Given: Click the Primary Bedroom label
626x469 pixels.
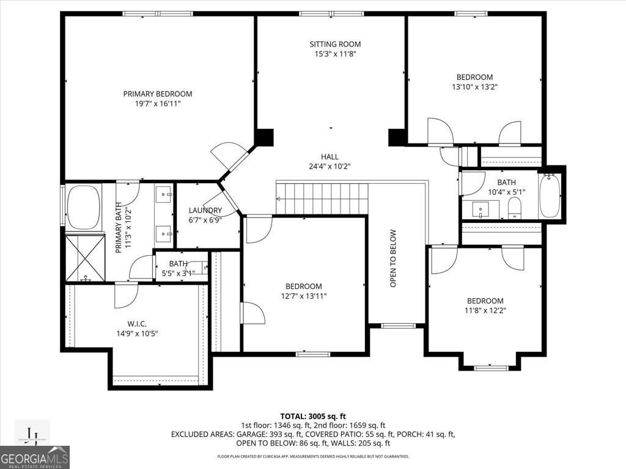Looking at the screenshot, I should [x=158, y=94].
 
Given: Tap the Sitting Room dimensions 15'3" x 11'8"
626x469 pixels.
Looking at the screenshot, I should [x=335, y=54].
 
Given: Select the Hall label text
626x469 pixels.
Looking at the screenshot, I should [x=330, y=157].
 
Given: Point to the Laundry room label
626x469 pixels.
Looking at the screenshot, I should [x=205, y=211].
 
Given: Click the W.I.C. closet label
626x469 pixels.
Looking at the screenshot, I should [x=136, y=324].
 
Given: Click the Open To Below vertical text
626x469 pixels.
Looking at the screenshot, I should [x=393, y=258].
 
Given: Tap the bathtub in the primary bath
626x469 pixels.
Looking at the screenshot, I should [x=83, y=208].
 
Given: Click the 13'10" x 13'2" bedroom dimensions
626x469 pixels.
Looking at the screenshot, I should [x=474, y=87].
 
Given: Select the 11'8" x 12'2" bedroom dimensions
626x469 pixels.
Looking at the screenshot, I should [x=485, y=310].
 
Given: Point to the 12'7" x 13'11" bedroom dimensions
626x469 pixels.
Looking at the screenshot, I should [x=304, y=296].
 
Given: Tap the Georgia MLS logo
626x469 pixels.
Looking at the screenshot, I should [x=35, y=457].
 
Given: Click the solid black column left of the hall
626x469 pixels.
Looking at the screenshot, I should [x=265, y=137].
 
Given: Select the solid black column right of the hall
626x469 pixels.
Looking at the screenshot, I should [x=397, y=137].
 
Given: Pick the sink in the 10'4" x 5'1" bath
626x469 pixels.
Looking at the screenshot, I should [x=481, y=211].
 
